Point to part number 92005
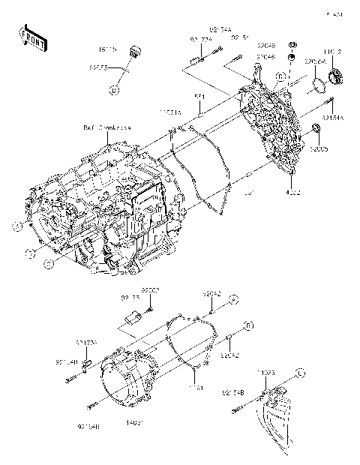[321, 149]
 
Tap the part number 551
[199, 97]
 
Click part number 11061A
[169, 112]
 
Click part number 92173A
[85, 342]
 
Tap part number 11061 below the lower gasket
[199, 388]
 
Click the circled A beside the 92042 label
[232, 299]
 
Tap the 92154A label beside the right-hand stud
[333, 117]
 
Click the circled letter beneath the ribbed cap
[115, 90]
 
